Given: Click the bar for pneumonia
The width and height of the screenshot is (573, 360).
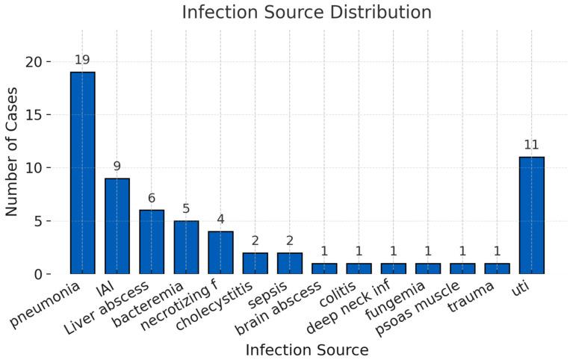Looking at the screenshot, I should [82, 173].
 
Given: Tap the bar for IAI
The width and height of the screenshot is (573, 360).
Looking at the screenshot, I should [117, 226].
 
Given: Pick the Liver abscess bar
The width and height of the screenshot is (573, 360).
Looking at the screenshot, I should [152, 242].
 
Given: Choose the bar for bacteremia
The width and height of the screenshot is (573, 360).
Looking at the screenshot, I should [186, 247].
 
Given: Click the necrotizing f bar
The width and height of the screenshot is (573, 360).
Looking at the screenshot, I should [220, 252].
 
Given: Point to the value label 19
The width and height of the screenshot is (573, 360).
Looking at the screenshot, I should [82, 60].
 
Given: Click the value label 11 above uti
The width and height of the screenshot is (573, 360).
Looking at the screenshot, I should [531, 145].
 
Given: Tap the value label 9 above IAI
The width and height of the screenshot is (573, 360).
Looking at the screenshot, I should [117, 166].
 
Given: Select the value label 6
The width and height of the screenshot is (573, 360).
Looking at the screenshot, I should [152, 198].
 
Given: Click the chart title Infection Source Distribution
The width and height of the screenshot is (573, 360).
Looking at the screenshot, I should [306, 13].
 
